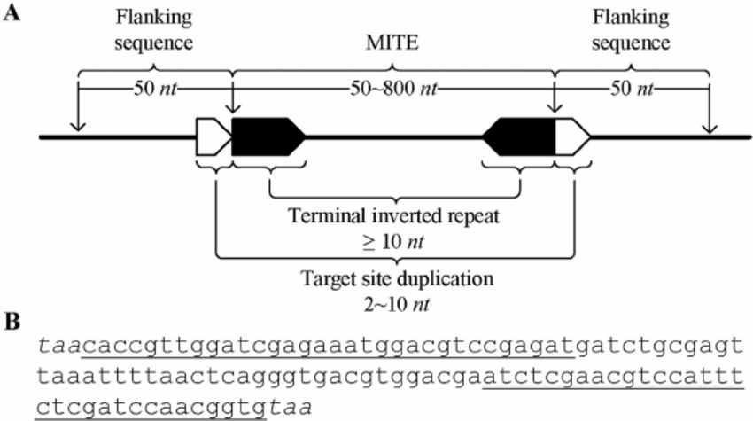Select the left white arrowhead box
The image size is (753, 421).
[x=212, y=138]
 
